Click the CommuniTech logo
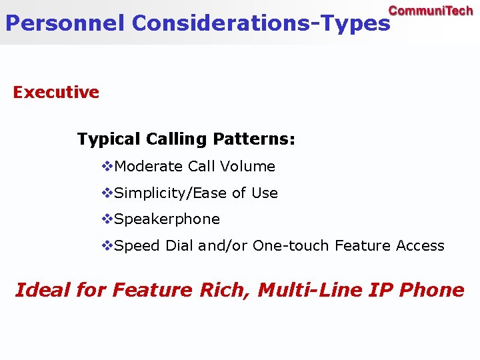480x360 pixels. pyautogui.click(x=431, y=11)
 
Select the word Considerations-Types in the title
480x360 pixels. pyautogui.click(x=261, y=23)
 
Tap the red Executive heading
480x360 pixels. pyautogui.click(x=56, y=92)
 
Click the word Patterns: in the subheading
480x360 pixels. pyautogui.click(x=254, y=139)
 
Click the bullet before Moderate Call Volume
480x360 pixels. pyautogui.click(x=107, y=166)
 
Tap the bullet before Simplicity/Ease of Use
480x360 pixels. pyautogui.click(x=107, y=193)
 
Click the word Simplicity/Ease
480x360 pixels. pyautogui.click(x=171, y=193)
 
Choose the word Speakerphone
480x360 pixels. pyautogui.click(x=167, y=219)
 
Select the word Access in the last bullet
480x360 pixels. pyautogui.click(x=420, y=246)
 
